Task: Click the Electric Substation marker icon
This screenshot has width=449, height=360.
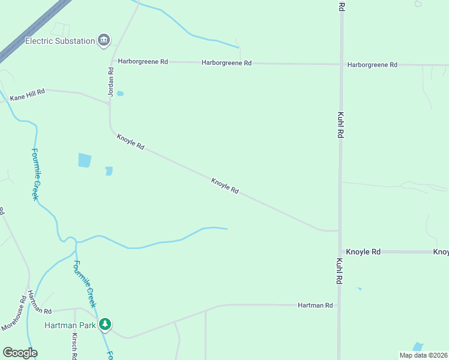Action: pos(104,40)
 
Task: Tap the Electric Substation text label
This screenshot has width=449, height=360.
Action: pos(60,41)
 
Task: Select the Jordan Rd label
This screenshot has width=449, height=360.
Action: pos(111,79)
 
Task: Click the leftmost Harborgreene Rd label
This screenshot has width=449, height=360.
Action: pos(143,61)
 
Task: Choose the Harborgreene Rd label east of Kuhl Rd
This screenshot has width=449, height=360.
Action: pos(372,64)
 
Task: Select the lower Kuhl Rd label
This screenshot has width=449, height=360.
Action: pos(340,271)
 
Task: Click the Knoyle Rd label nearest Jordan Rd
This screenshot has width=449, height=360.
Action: pos(130,142)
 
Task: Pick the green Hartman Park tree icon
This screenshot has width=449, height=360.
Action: pos(106,325)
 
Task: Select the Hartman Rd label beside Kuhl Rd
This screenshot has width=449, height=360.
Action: pos(315,305)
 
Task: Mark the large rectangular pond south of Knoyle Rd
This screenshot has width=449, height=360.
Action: pos(85,160)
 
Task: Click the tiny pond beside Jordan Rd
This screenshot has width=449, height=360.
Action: pos(120,94)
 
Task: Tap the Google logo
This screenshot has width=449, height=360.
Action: pos(20,353)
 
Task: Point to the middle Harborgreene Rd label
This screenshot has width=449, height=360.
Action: pos(226,62)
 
